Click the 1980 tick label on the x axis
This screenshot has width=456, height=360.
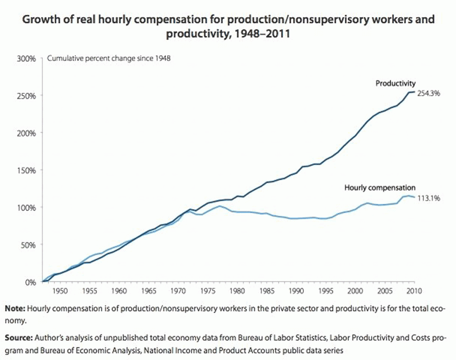(236, 291)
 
